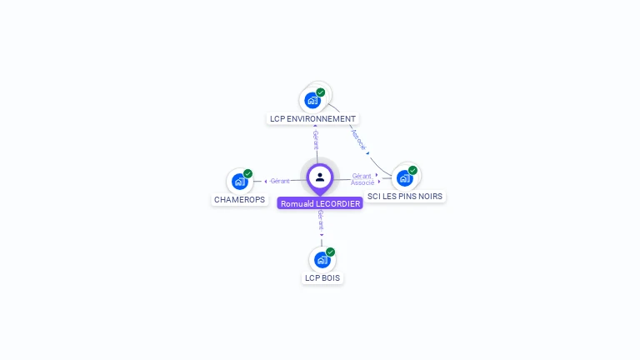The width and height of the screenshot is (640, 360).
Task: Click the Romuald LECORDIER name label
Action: (320, 203)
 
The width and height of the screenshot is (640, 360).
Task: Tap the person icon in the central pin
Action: (320, 177)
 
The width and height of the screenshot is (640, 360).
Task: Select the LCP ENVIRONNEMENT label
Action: (312, 119)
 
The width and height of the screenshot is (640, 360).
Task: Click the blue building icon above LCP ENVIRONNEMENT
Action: (312, 100)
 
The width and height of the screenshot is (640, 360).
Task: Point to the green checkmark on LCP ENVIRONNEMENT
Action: (321, 92)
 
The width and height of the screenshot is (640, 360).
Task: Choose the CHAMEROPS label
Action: (240, 200)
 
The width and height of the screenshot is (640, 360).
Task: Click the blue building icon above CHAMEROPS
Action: (240, 182)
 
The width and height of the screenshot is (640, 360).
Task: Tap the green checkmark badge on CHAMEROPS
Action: (247, 173)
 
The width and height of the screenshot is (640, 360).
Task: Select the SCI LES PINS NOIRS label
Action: (405, 197)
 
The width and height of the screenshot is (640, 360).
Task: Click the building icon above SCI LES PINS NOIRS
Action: (404, 178)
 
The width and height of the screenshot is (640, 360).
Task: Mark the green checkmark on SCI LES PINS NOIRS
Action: (412, 170)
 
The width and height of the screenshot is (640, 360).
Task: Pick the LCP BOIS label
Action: (322, 278)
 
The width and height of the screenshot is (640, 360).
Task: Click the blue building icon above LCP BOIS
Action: (322, 260)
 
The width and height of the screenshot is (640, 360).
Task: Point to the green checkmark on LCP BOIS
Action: (330, 252)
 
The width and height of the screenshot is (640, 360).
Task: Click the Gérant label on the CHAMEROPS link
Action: (280, 181)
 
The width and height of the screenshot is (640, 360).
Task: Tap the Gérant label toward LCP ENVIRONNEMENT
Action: (316, 140)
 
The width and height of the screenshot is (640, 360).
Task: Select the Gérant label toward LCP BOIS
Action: (321, 220)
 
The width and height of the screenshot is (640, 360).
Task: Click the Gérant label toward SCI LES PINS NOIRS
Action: (362, 176)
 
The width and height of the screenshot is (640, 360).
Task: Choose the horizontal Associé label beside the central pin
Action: (362, 182)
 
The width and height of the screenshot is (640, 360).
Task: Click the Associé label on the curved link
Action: (359, 140)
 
